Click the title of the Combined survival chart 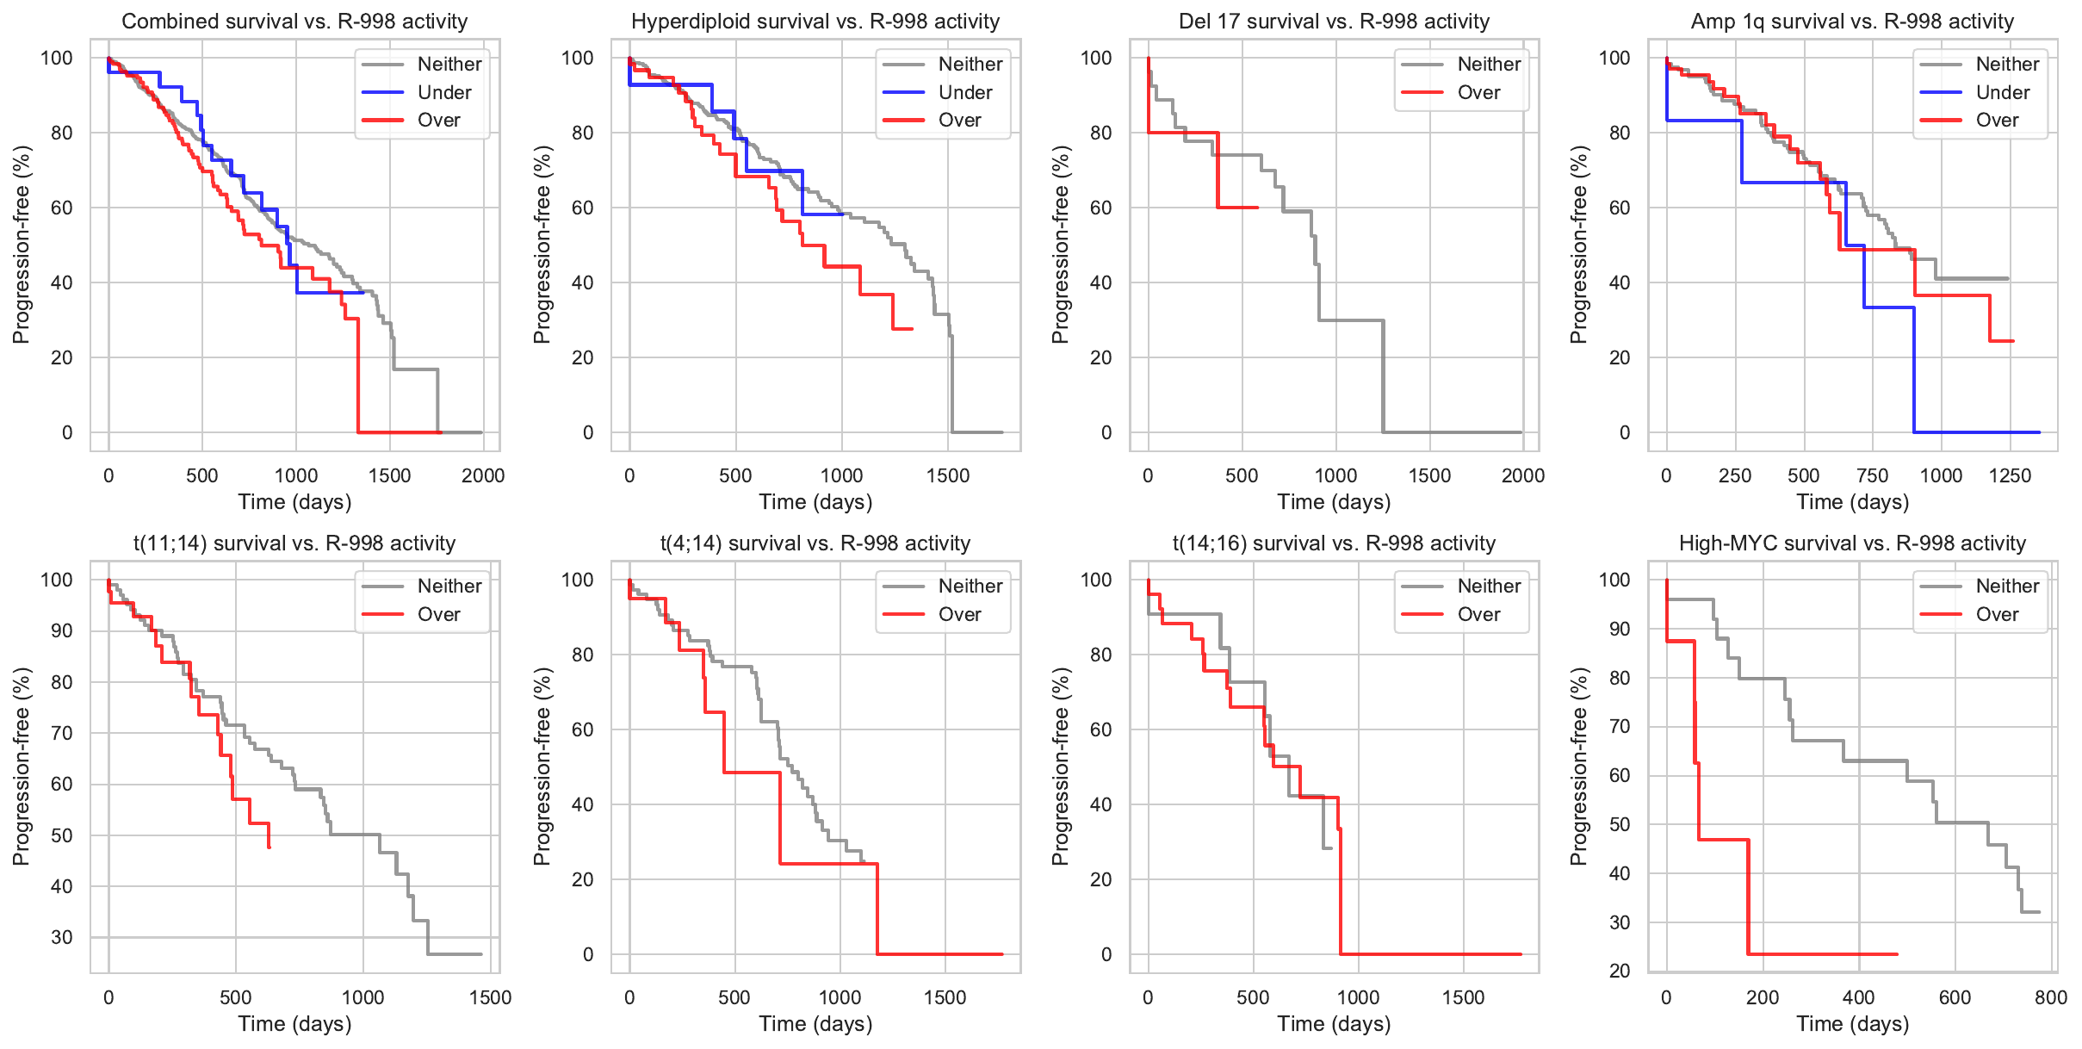(294, 22)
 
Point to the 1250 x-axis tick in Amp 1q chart (2010, 475)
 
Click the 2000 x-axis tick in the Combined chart (483, 475)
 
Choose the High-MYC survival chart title (1852, 543)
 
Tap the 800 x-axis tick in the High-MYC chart (2051, 997)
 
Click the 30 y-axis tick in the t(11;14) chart (62, 937)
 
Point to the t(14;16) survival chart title (1334, 543)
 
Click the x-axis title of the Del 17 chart (1334, 502)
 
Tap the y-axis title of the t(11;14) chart (22, 766)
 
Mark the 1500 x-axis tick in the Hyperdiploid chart (948, 475)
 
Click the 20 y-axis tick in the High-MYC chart (1620, 971)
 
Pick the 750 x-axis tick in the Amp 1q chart (1872, 475)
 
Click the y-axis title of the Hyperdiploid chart (542, 244)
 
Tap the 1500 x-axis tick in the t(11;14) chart (490, 997)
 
